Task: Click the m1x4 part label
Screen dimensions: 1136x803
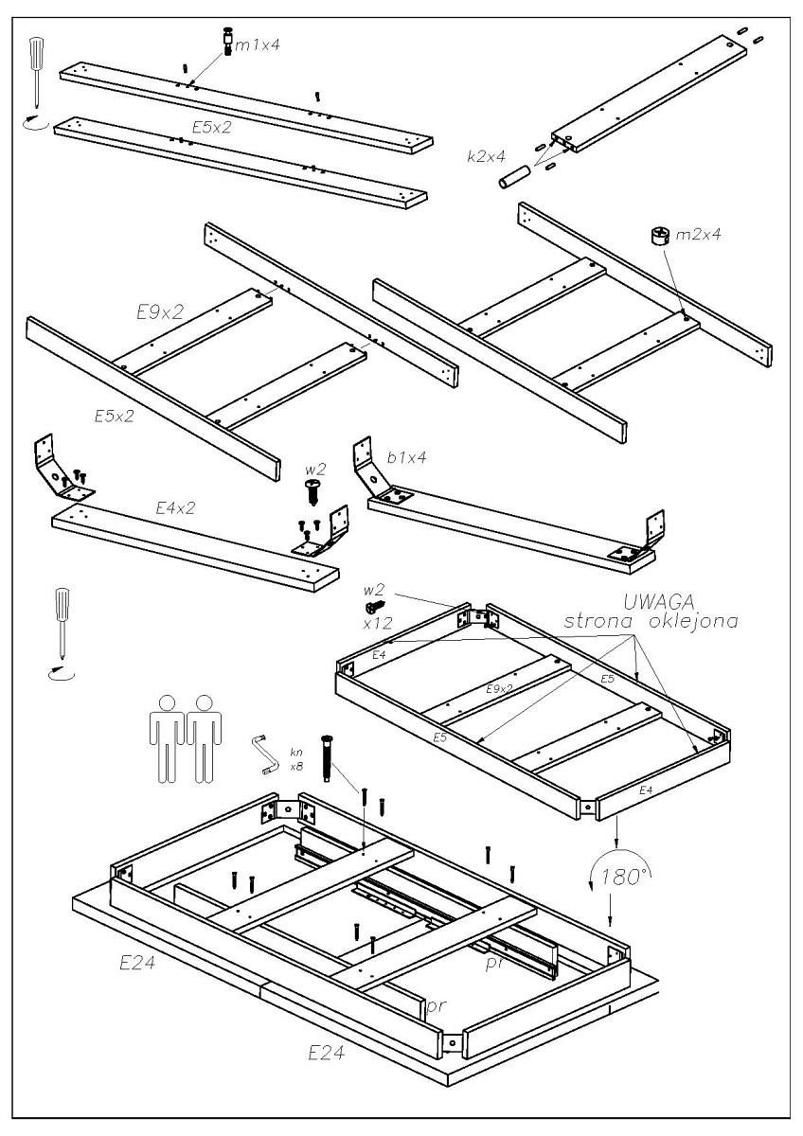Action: [x=258, y=44]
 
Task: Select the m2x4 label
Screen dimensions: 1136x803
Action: [x=699, y=234]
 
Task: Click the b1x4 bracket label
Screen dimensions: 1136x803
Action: [x=407, y=456]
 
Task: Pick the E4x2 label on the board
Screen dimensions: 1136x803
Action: [x=175, y=508]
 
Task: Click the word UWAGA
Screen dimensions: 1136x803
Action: [x=660, y=602]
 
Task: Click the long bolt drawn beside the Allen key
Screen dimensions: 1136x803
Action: [x=328, y=757]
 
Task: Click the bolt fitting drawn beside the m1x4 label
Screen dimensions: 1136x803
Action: [x=228, y=42]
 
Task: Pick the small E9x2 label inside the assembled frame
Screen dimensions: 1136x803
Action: [x=500, y=688]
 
